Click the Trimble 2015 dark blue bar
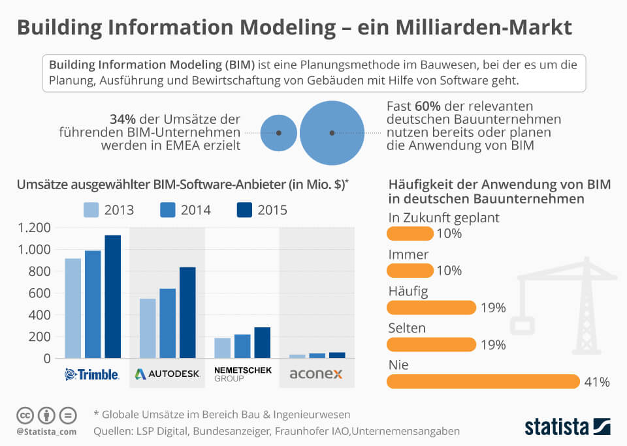[113, 297]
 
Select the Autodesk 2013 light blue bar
[148, 329]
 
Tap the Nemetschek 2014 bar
[242, 346]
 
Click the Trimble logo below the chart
[92, 374]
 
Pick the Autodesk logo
[167, 374]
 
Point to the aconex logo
[317, 374]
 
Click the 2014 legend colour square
[168, 210]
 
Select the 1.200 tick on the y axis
[35, 228]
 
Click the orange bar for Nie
[483, 381]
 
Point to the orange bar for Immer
[410, 271]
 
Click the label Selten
[407, 328]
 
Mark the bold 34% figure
[124, 119]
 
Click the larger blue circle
[332, 132]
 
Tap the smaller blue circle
[279, 132]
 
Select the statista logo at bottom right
[567, 426]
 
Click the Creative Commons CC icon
[25, 415]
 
